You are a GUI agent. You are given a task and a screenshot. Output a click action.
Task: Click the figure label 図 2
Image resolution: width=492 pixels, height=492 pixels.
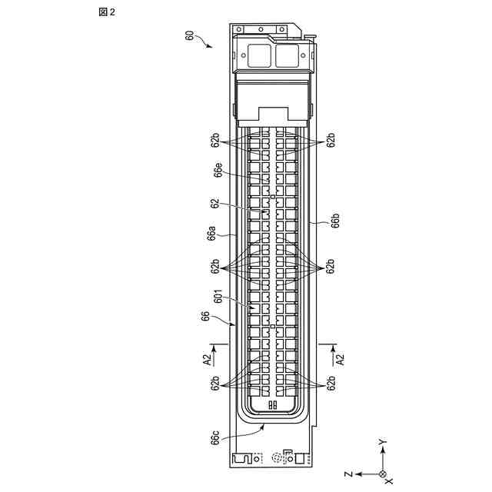coord(107,12)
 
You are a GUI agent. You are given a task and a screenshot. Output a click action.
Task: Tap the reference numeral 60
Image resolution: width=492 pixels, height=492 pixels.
coord(189,35)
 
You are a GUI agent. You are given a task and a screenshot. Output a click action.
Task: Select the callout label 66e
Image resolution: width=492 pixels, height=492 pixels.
coord(218,170)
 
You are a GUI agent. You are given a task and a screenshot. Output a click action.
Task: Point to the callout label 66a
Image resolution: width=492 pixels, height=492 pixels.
coord(212,234)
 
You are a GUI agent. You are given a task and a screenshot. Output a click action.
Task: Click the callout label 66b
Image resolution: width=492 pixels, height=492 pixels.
coord(335,221)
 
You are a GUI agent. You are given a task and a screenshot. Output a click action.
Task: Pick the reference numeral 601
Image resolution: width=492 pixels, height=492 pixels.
coord(218,297)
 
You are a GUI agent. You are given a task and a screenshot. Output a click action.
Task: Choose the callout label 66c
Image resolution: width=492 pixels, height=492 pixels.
coord(215,437)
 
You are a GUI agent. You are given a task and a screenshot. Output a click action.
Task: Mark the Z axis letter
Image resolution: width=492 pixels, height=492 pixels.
coord(349,474)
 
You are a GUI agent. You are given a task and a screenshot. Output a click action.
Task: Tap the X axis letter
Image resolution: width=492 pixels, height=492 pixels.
coord(388,480)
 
